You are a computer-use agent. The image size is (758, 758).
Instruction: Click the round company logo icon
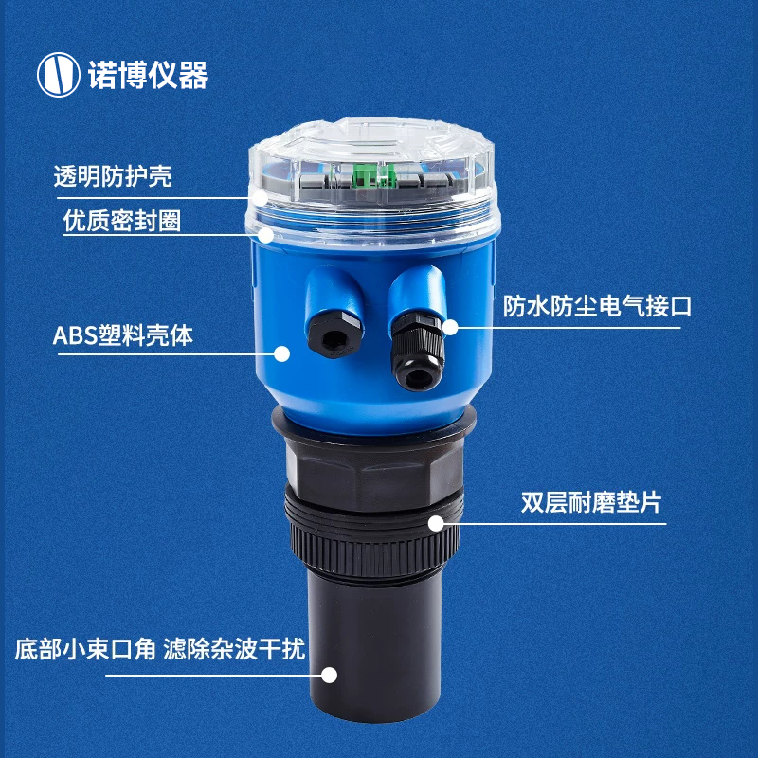click(x=59, y=75)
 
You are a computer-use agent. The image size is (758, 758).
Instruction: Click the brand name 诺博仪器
click(x=148, y=75)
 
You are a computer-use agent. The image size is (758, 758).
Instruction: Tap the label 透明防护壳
click(x=112, y=176)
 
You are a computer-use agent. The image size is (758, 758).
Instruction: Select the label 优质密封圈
click(x=122, y=221)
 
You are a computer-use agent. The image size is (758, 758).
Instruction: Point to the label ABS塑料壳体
click(x=123, y=335)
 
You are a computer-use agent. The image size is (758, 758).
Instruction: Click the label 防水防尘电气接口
click(x=597, y=306)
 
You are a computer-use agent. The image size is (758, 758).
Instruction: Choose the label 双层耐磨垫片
click(x=591, y=503)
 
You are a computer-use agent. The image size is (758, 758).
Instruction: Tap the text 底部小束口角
click(x=85, y=649)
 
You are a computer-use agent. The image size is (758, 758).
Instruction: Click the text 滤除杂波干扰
click(x=234, y=649)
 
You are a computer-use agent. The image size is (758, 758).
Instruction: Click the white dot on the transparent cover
click(x=260, y=198)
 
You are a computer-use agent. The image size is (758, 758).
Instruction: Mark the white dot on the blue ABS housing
click(x=281, y=353)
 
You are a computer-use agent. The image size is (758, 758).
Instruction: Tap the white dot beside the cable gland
click(x=450, y=327)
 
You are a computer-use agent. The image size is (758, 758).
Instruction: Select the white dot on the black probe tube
click(x=329, y=675)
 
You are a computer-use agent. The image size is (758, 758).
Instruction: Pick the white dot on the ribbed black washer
click(x=436, y=523)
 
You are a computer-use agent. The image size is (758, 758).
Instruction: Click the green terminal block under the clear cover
click(x=375, y=175)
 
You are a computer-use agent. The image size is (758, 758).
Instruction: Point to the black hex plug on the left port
click(x=334, y=335)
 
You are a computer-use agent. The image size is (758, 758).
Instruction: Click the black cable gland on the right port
click(x=417, y=351)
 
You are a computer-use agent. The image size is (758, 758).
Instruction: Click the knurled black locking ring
click(x=374, y=547)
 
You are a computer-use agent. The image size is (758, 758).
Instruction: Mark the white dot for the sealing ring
click(x=266, y=235)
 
